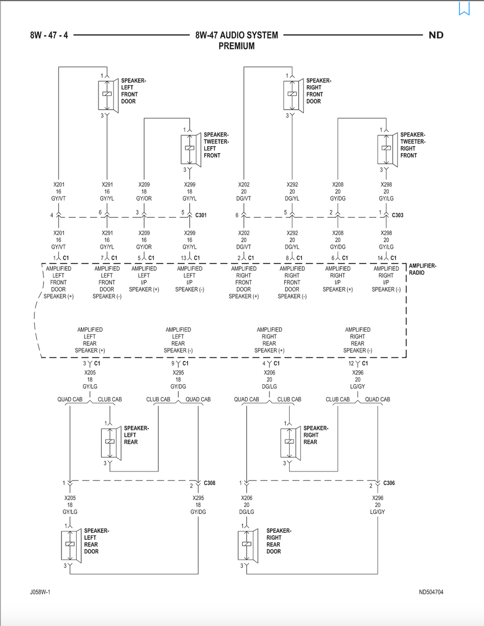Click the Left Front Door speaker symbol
coord(108,96)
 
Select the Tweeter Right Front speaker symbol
coord(388,149)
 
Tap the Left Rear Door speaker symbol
coord(71,546)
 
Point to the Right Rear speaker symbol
coord(291,443)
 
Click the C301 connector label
coord(201,215)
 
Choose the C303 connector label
coord(398,215)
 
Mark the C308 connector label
coord(209,483)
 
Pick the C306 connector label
coord(389,483)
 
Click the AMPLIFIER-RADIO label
coord(423,269)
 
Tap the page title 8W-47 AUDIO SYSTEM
coord(237,35)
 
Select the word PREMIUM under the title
coord(236,46)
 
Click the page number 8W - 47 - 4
coord(49,35)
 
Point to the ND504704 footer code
coord(431,592)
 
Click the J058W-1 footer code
coord(40,592)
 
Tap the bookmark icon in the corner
coord(464,8)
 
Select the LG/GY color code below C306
coord(378,512)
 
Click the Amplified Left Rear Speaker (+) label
coord(90,340)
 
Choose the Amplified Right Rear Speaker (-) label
coord(358,340)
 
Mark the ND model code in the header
coord(436,35)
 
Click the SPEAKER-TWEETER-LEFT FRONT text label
coord(216,145)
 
